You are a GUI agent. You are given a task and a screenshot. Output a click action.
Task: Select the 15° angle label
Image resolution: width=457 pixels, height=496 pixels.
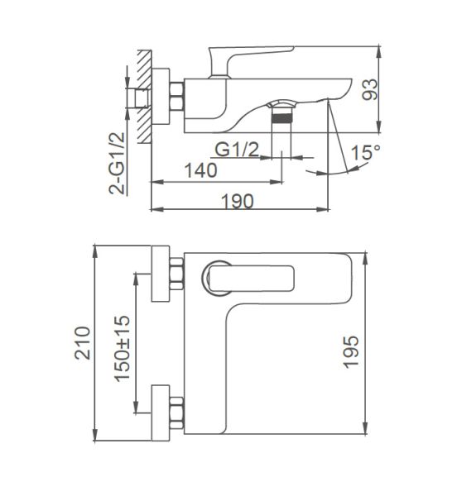tap(363, 153)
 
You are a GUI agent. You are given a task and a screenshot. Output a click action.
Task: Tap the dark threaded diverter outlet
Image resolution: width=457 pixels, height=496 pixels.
tap(284, 119)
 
